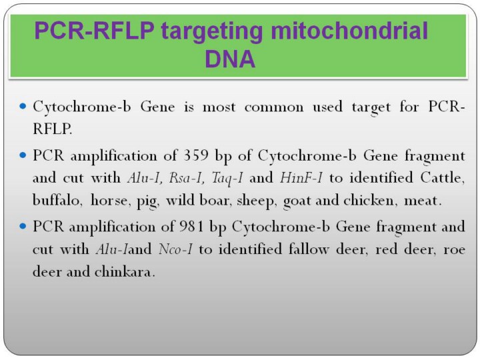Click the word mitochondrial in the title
click(349, 31)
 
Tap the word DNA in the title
click(230, 59)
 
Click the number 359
click(195, 156)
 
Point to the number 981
click(191, 227)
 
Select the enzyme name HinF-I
click(301, 178)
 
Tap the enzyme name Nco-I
click(175, 249)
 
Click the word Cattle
click(442, 178)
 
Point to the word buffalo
click(57, 201)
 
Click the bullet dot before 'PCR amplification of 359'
click(23, 155)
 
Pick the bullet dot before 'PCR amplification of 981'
click(23, 226)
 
